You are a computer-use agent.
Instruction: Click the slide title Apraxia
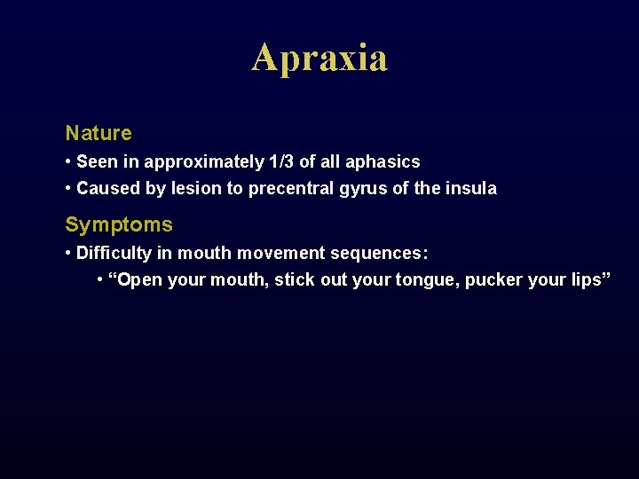(x=319, y=59)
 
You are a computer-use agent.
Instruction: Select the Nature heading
(x=99, y=134)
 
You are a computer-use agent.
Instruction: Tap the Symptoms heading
(x=119, y=225)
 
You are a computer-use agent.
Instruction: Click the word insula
(x=471, y=189)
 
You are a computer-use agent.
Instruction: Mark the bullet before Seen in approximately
(x=68, y=162)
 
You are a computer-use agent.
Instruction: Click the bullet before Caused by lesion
(x=68, y=189)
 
